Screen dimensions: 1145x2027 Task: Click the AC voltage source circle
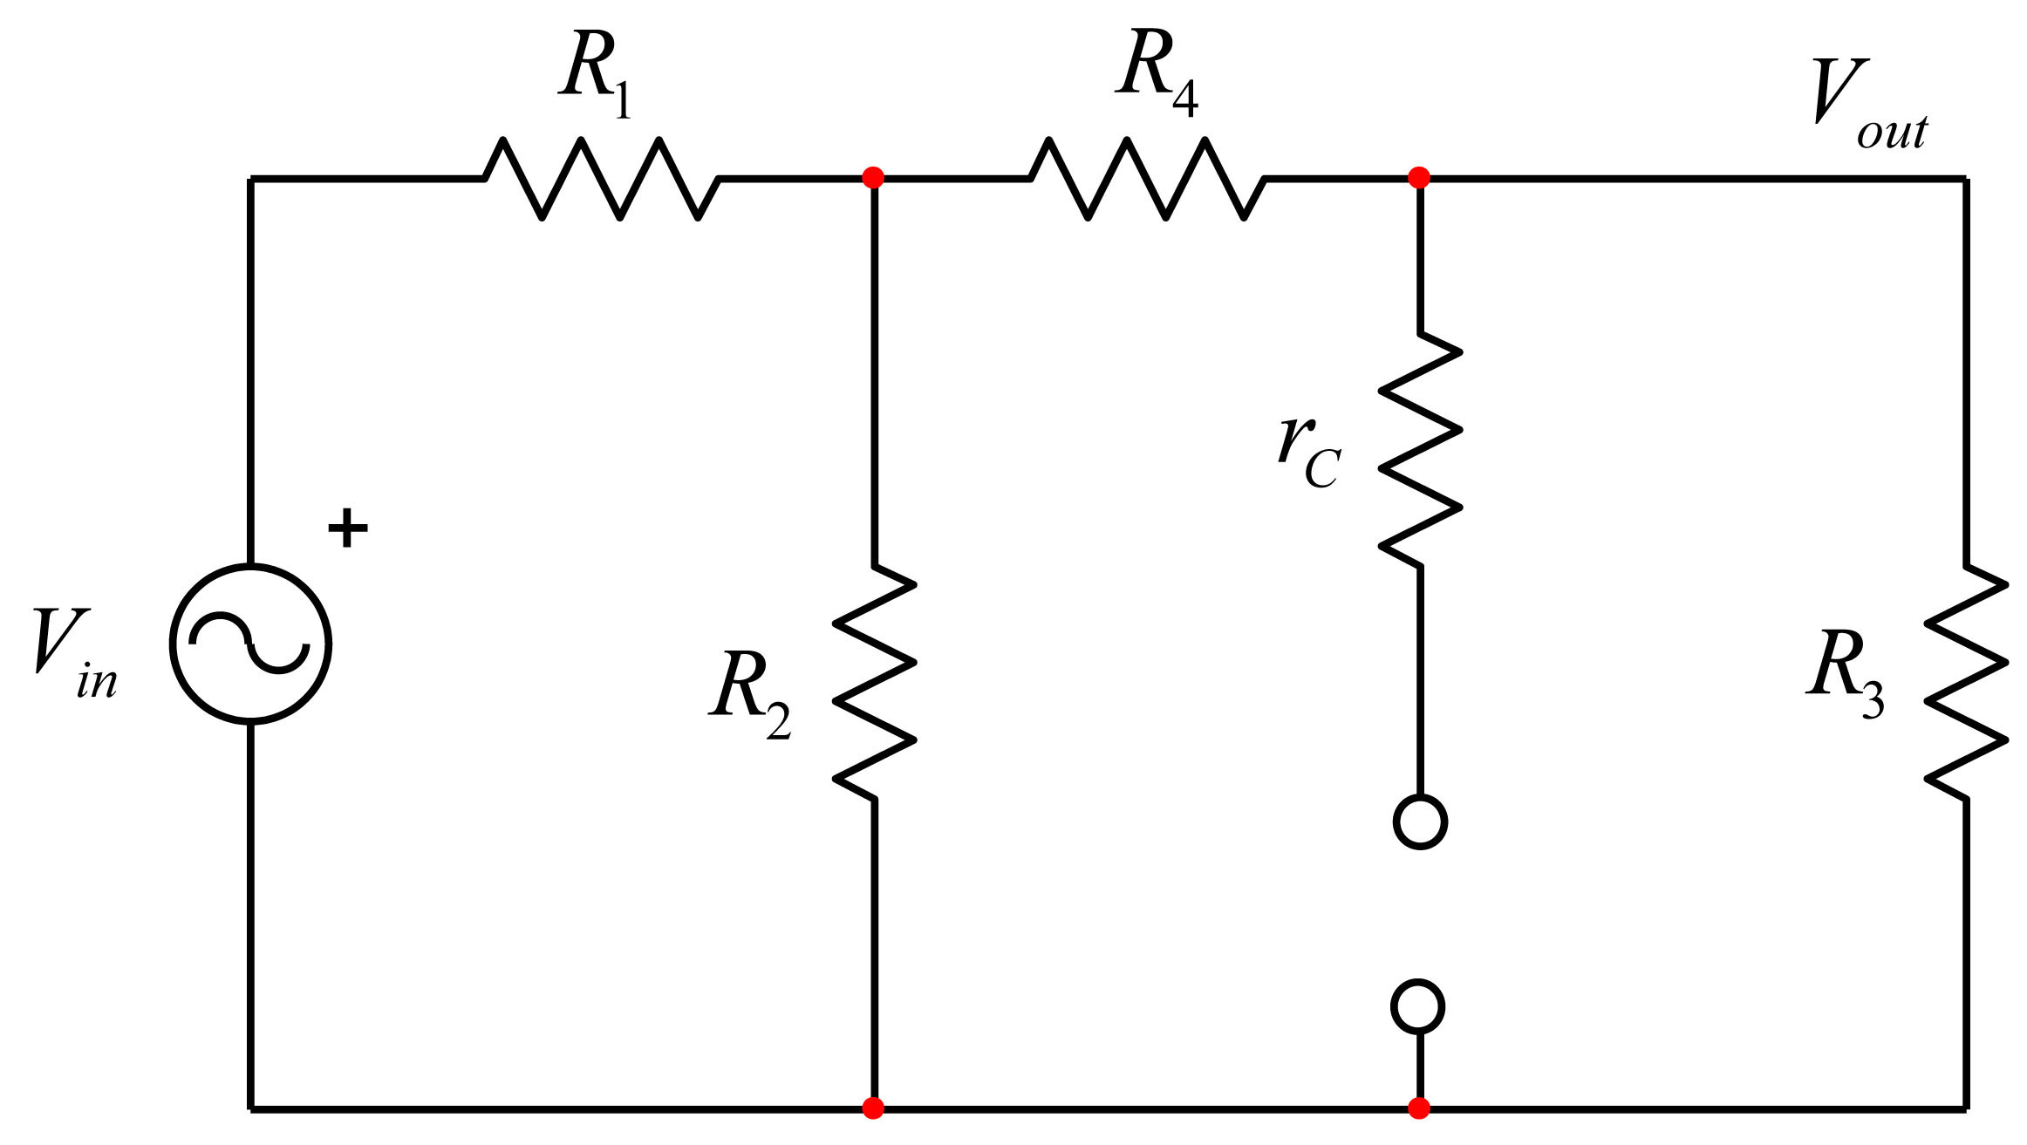tap(250, 644)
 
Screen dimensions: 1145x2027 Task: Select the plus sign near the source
tap(347, 528)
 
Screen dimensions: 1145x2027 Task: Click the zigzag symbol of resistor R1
tap(602, 178)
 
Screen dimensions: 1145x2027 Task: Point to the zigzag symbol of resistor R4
tap(1148, 178)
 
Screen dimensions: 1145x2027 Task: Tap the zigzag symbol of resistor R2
tap(874, 682)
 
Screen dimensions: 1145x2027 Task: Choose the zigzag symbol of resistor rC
tap(1420, 449)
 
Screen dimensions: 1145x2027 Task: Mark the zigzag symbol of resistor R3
tap(1966, 682)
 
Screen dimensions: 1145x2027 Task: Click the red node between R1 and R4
tap(873, 178)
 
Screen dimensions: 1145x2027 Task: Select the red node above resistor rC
tap(1419, 178)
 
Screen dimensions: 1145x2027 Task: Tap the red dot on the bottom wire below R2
tap(873, 1108)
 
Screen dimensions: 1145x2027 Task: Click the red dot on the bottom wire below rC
tap(1419, 1108)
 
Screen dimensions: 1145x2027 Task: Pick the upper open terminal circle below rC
tap(1420, 821)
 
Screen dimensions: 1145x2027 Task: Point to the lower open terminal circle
tap(1418, 1006)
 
